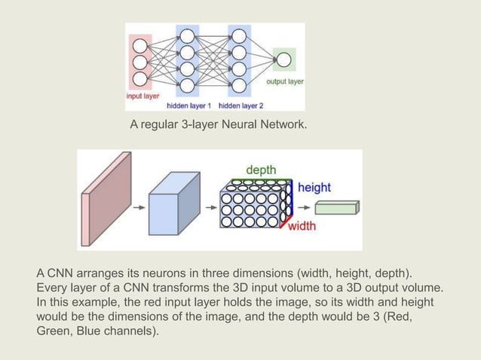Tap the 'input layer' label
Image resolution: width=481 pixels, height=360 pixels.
pyautogui.click(x=143, y=96)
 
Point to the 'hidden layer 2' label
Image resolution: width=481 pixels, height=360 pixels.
pyautogui.click(x=240, y=105)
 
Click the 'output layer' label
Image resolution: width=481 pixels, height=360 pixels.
pyautogui.click(x=284, y=81)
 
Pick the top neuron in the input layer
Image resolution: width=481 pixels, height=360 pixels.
pyautogui.click(x=139, y=45)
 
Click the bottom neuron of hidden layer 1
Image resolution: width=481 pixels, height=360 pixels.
pyautogui.click(x=188, y=84)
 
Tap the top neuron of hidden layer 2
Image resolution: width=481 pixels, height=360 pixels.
pyautogui.click(x=239, y=35)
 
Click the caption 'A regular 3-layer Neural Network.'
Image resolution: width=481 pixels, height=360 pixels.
pyautogui.click(x=219, y=123)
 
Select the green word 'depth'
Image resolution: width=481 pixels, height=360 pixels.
pyautogui.click(x=261, y=169)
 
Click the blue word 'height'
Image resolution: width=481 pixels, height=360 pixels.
pyautogui.click(x=314, y=187)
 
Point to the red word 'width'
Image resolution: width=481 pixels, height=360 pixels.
pyautogui.click(x=302, y=225)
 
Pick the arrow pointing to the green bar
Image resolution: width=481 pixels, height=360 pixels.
pyautogui.click(x=306, y=209)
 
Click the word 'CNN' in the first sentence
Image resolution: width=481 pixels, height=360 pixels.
pyautogui.click(x=61, y=272)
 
